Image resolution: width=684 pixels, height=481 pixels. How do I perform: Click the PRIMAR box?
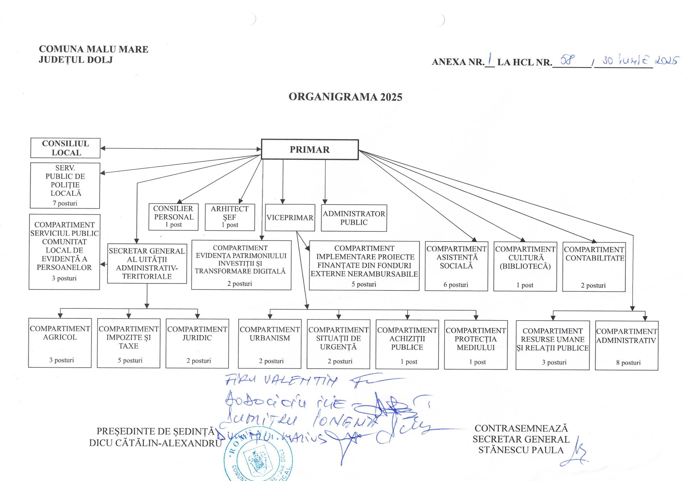click(x=310, y=149)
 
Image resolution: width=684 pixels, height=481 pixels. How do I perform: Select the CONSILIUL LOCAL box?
click(x=65, y=148)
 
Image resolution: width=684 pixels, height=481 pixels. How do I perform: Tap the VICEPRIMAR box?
click(x=290, y=218)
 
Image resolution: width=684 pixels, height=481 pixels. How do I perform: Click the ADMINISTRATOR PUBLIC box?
click(x=354, y=218)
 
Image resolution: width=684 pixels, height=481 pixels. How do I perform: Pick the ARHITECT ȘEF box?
click(x=230, y=217)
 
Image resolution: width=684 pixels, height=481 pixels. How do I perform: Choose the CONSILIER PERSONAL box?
click(x=173, y=216)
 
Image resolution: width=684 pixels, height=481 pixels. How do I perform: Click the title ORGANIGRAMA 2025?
click(x=345, y=97)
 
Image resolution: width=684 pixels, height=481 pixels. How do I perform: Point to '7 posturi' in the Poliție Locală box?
click(x=65, y=203)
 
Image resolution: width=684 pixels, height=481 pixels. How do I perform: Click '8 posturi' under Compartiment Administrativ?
click(x=628, y=363)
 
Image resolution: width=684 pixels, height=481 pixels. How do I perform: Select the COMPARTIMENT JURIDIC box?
click(x=197, y=343)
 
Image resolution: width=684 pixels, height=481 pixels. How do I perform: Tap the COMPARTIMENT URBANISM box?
click(x=270, y=344)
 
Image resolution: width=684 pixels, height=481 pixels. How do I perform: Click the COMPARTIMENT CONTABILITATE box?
click(x=594, y=267)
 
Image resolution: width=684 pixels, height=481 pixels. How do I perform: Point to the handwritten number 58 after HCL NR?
click(x=567, y=60)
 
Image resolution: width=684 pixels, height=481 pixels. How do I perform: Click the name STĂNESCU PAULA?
click(x=521, y=450)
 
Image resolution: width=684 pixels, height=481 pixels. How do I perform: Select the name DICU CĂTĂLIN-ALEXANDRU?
click(x=155, y=443)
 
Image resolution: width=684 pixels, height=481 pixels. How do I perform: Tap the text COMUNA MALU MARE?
click(x=93, y=49)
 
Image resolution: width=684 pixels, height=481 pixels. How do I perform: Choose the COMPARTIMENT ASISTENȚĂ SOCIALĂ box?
click(x=456, y=266)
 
